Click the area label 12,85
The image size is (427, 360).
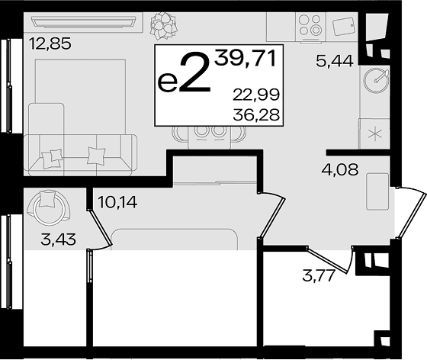pos(50,43)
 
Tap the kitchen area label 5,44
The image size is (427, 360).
pos(335,61)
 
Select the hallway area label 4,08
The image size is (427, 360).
pos(340,169)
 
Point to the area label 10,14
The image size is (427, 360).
pos(117,202)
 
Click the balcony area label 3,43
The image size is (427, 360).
pos(58,239)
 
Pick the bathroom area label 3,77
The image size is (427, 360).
pos(318,276)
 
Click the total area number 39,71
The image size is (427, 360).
pos(245,59)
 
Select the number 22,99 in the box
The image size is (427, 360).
pos(256,95)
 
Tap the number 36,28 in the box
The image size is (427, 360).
pos(256,114)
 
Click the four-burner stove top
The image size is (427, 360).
pos(310,25)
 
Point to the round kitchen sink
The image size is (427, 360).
pos(377,80)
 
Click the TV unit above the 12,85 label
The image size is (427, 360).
pos(83,22)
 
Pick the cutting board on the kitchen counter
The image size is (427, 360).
pos(344,26)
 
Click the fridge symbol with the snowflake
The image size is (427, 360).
pos(374,133)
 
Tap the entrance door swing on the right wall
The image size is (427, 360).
pos(411,211)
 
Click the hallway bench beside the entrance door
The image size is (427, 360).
pos(377,191)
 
